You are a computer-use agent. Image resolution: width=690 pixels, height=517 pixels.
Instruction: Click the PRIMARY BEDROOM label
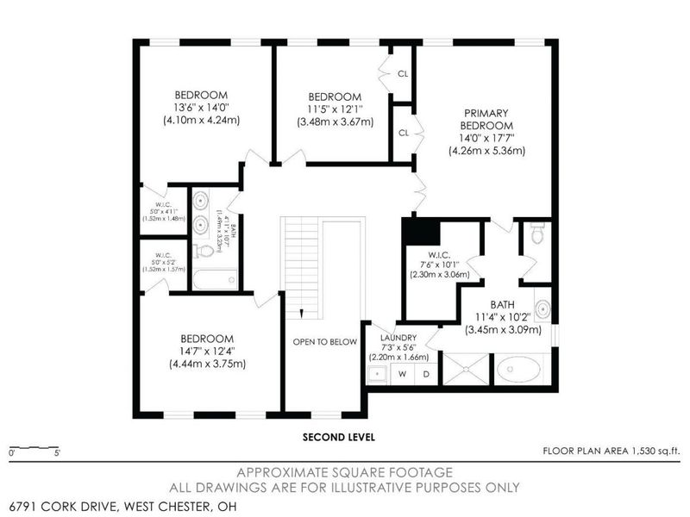(486, 120)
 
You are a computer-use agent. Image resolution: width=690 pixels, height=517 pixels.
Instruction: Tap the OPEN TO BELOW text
(324, 342)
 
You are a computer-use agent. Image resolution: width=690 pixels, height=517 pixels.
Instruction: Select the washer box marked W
(401, 374)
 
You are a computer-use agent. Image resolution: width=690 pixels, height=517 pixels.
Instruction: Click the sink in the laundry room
(377, 374)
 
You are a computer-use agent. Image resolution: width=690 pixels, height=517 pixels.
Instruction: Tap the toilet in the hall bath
(204, 252)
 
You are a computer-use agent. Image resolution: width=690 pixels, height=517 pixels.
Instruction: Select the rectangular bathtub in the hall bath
(215, 279)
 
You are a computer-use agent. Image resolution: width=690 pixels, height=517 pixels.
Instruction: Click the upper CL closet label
(403, 73)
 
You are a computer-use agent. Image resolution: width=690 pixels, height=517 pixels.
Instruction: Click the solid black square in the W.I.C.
(423, 233)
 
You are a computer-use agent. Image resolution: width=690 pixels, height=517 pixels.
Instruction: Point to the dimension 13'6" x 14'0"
(201, 108)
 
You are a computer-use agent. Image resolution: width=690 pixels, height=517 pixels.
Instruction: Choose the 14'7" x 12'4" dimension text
(207, 351)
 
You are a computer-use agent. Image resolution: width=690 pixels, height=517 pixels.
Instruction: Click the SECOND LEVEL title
(338, 437)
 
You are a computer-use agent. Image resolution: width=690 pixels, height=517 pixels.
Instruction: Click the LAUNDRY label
(398, 338)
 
